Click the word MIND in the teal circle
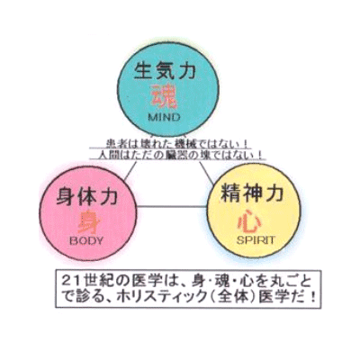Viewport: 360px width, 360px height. tap(164, 117)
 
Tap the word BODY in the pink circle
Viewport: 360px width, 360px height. tap(86, 240)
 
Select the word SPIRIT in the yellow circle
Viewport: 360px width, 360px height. tap(256, 240)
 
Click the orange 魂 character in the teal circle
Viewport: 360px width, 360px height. tap(164, 96)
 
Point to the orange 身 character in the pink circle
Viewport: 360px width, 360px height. tap(89, 222)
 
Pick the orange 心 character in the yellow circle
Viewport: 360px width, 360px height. tap(249, 222)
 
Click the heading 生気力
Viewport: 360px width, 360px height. tap(165, 71)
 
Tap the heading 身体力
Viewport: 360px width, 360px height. tap(86, 196)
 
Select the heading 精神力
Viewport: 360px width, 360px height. tap(252, 193)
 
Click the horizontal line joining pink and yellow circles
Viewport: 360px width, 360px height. tap(172, 206)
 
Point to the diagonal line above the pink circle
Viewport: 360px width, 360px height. tap(130, 171)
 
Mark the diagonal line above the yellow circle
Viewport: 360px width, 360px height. tap(206, 172)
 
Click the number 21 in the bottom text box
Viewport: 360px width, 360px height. tap(69, 281)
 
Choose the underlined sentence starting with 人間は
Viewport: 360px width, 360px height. tap(179, 155)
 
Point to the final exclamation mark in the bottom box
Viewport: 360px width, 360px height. tap(313, 297)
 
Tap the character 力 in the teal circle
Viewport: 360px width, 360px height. tap(186, 71)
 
